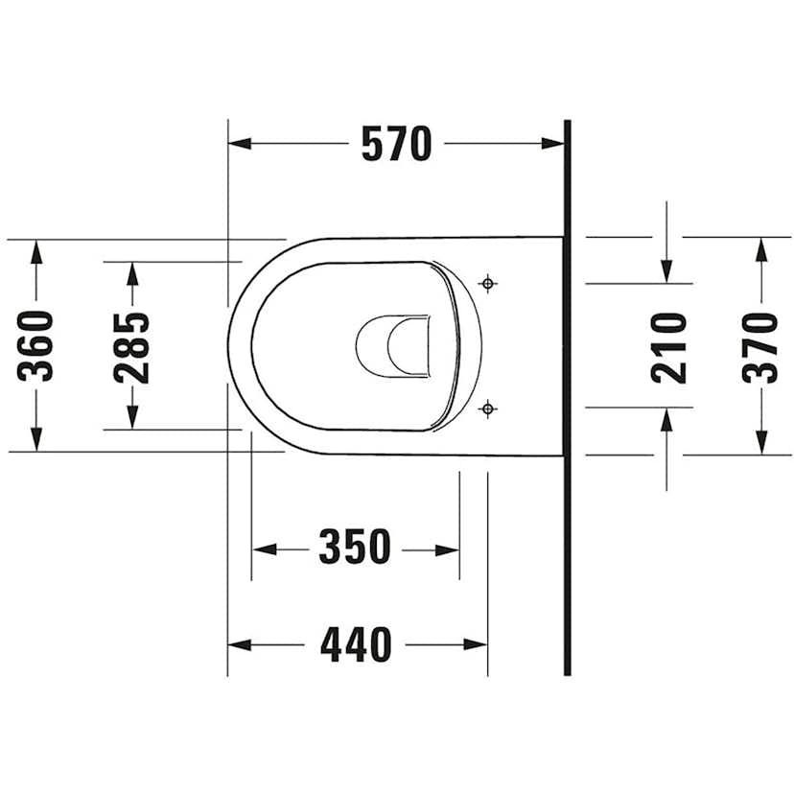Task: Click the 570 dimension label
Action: (396, 144)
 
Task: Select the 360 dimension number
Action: (35, 346)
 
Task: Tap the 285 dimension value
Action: (131, 348)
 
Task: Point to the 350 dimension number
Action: (355, 547)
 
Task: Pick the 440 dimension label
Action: (356, 644)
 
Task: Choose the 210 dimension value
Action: (668, 348)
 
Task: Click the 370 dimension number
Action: (759, 348)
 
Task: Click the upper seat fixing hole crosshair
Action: (488, 284)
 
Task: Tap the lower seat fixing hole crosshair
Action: (488, 409)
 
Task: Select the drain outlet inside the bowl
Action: (393, 346)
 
